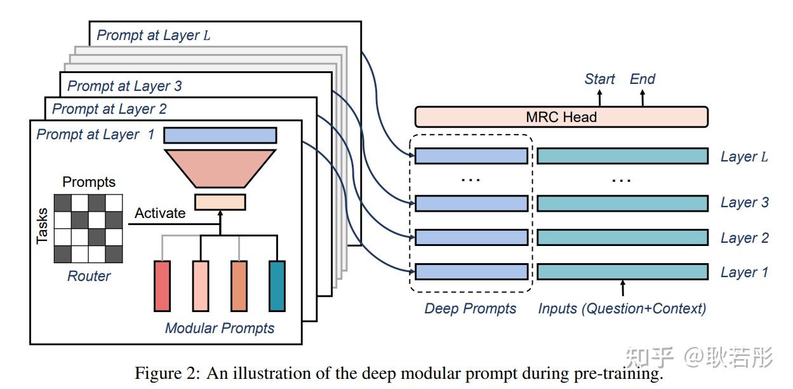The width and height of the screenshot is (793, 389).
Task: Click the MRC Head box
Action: (x=561, y=117)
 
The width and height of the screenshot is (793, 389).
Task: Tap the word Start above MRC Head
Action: (x=599, y=79)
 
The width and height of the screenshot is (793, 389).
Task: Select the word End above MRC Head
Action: (x=642, y=79)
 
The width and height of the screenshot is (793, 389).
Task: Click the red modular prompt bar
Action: (x=163, y=286)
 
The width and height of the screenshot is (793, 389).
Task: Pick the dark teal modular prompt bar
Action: (x=277, y=286)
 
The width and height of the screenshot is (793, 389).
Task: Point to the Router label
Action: (x=89, y=276)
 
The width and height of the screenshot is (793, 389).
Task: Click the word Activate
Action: (x=160, y=213)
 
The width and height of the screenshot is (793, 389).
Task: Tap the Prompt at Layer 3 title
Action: (x=125, y=85)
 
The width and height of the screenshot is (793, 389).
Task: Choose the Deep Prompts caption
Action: (x=470, y=309)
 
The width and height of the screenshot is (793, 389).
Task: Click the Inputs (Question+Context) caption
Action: (x=622, y=309)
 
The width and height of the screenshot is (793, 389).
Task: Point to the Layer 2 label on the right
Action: (x=744, y=238)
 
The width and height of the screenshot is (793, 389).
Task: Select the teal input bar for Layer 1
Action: (x=622, y=272)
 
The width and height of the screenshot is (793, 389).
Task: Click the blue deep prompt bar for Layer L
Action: (x=471, y=156)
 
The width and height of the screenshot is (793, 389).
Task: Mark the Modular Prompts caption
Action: (x=220, y=328)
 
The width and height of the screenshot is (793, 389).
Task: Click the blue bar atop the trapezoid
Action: (x=220, y=135)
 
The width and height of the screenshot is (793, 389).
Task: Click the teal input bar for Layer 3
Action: (x=622, y=203)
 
